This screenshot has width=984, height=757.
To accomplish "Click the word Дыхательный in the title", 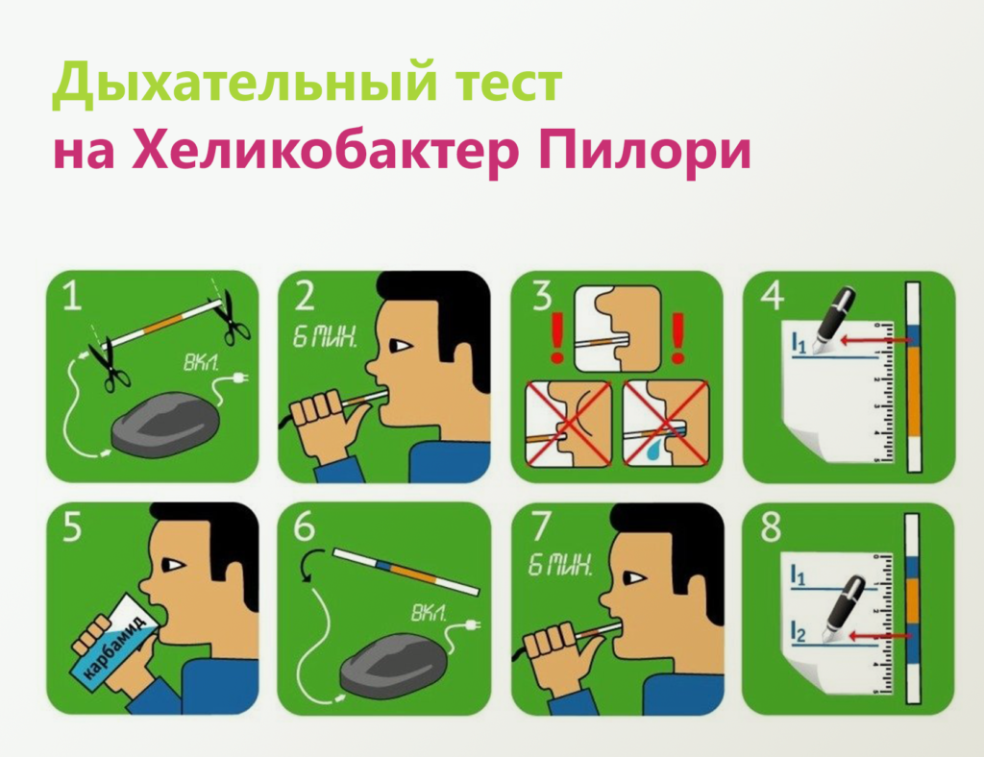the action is click(243, 83).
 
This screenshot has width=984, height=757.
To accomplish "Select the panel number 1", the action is click(72, 296).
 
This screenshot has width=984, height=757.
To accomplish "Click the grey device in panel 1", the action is click(164, 427).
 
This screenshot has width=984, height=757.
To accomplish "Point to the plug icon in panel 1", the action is click(239, 378).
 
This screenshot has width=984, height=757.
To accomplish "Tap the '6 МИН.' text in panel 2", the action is click(325, 339).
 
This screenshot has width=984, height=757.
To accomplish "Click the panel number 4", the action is click(772, 296).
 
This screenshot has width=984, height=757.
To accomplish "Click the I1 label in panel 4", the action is click(799, 343).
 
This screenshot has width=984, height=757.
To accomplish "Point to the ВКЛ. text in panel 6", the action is click(430, 613).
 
